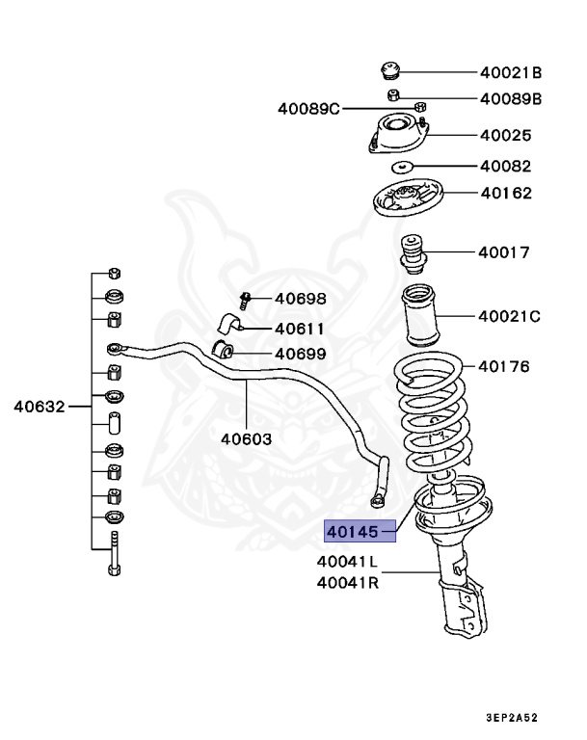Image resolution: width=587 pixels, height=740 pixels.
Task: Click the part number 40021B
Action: (511, 72)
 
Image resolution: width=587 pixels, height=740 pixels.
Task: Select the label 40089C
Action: (308, 108)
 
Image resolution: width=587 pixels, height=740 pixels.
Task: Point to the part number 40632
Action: (39, 407)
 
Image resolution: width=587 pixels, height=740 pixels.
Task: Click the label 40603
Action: (246, 438)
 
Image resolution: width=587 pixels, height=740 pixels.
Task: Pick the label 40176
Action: (504, 367)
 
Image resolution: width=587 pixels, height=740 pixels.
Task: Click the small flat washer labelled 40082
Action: (402, 167)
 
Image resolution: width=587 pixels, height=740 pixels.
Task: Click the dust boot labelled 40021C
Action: (420, 315)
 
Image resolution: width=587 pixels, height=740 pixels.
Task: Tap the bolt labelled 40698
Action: (245, 300)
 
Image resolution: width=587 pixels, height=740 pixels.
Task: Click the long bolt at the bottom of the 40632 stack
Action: (114, 554)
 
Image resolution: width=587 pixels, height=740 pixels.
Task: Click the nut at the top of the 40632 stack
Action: (114, 272)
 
